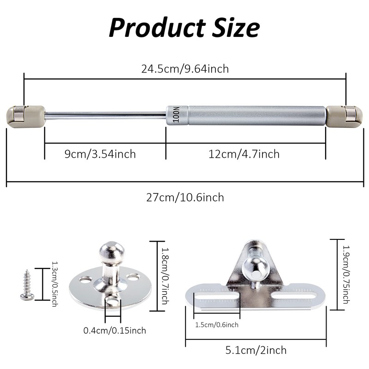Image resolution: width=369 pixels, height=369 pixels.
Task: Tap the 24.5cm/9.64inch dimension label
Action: click(185, 69)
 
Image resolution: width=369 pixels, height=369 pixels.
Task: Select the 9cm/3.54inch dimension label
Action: click(100, 154)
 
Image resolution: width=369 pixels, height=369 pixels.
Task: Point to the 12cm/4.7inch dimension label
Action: click(244, 154)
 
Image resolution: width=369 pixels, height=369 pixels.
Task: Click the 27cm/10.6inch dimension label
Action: click(185, 197)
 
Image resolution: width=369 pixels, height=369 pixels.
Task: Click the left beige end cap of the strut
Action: click(26, 117)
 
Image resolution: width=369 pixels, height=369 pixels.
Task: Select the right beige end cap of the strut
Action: click(344, 117)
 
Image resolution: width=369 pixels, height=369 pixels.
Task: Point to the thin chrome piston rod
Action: click(106, 115)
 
